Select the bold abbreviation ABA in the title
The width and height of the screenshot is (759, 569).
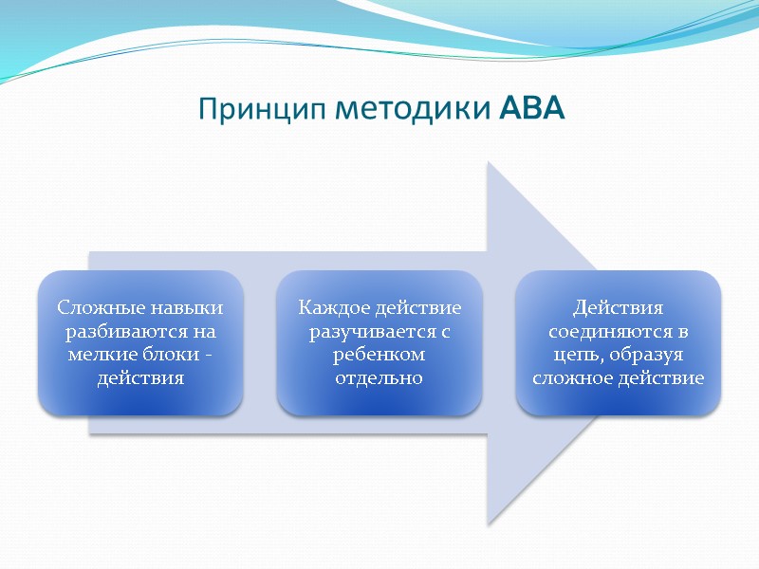coord(531,110)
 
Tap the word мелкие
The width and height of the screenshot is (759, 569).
coord(95,355)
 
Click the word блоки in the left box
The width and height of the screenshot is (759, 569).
coord(170,355)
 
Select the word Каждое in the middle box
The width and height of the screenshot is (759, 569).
coord(334,308)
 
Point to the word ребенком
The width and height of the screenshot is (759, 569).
coord(379,355)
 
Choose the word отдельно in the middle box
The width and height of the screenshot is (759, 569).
coord(379,378)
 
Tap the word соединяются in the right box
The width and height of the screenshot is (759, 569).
coord(608,332)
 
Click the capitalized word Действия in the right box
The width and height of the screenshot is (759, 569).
coord(618,308)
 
